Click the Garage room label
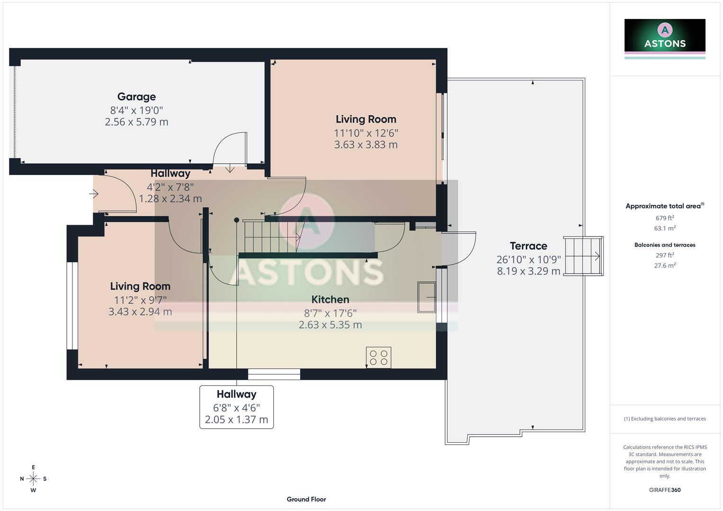pos(136,97)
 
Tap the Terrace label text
pos(528,246)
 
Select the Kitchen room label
pos(330,300)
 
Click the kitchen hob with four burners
pos(378,358)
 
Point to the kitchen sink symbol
pos(426,297)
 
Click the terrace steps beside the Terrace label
pos(583,256)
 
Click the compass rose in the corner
pos(33,479)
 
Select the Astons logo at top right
pos(665,36)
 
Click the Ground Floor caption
pos(306,499)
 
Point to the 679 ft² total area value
pos(665,218)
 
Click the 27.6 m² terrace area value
pos(665,265)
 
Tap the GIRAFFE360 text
pos(665,490)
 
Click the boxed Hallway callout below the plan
pos(236,407)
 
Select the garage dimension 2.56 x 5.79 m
pos(136,122)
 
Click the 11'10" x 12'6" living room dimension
pos(366,133)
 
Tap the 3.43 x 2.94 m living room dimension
pos(140,312)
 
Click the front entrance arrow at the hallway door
pos(94,194)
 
